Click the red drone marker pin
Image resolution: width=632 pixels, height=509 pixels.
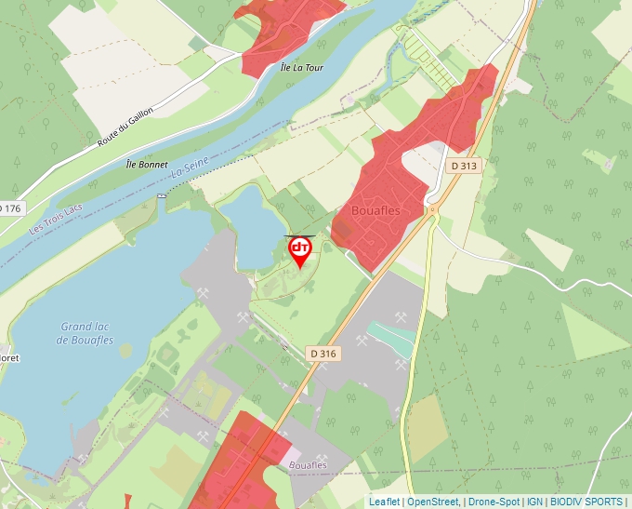300,250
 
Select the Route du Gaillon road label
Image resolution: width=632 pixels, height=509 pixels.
125,127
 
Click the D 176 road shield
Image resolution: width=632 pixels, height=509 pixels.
9,208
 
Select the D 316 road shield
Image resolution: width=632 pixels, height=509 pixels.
323,354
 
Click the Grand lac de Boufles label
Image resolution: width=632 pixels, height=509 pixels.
86,333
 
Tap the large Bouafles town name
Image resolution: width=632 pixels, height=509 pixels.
375,211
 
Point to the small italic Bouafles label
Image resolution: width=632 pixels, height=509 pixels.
309,464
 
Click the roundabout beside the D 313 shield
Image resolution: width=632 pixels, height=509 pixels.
432,209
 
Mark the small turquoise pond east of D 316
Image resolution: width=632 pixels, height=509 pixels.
391,336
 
